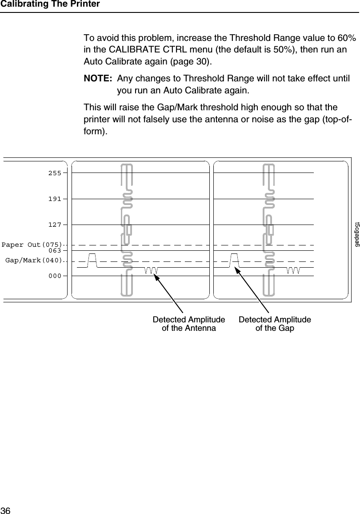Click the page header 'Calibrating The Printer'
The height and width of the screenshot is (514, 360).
50,4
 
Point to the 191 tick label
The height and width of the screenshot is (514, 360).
55,199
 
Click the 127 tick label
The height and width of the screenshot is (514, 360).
55,225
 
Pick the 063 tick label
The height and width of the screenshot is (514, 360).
55,251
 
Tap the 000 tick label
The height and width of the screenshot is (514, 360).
55,276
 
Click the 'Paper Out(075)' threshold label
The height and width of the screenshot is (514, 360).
32,245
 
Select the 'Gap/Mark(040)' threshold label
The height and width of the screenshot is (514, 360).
34,260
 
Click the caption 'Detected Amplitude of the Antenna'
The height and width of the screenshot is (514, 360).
189,324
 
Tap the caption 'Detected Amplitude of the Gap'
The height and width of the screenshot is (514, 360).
275,324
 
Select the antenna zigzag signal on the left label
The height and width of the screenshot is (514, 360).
152,271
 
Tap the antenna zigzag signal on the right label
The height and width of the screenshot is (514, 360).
294,271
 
